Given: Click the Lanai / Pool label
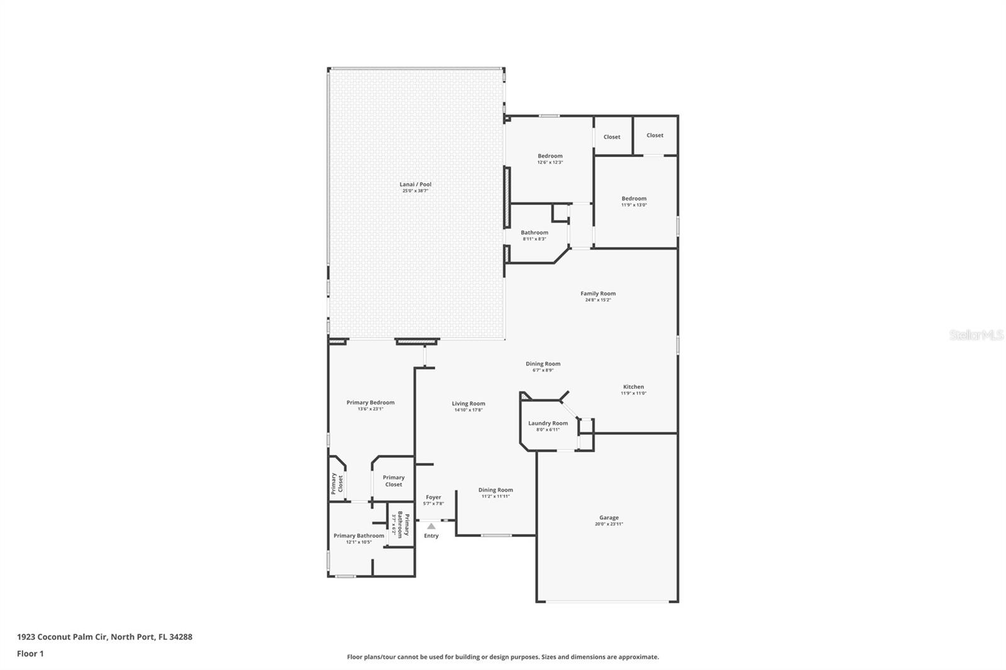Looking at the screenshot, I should (416, 184).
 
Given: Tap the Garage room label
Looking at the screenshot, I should (609, 518).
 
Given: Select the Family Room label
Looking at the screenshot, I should (598, 294).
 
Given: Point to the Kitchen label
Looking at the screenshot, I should (633, 387).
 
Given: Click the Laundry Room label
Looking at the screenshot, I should (548, 424).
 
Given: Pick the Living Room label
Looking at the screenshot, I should (468, 404).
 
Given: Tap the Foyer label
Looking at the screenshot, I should (433, 497).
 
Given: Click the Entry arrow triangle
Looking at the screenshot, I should (431, 526).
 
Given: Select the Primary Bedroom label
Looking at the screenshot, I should (370, 403).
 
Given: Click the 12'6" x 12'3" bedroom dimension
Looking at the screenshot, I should (550, 162).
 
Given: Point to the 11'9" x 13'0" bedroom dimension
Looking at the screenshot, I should (634, 205).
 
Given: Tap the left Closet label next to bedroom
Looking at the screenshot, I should (612, 137).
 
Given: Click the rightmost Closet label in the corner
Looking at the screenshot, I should (655, 135).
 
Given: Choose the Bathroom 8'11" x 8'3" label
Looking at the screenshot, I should (534, 233).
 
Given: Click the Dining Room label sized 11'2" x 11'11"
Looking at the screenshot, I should (495, 490).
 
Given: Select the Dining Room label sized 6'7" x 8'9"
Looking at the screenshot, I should (543, 364).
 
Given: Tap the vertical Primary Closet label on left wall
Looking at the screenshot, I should (337, 483).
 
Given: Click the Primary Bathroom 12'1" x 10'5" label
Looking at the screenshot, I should (358, 536).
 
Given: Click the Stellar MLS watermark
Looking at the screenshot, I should (976, 335).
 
